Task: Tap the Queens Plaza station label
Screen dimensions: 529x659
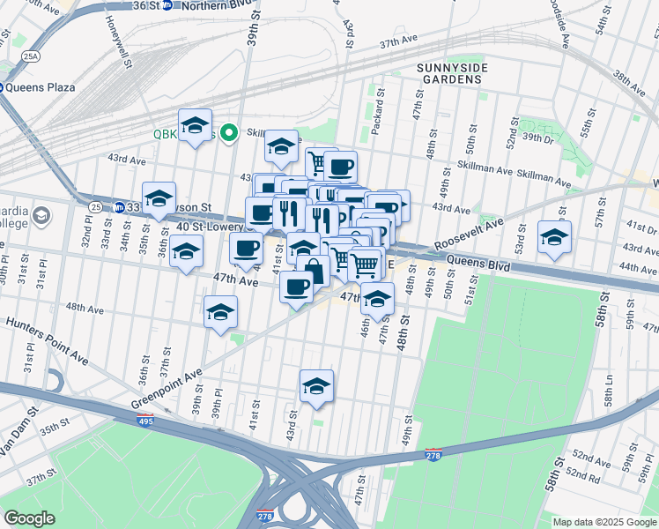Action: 41,87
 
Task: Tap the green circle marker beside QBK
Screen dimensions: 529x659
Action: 230,134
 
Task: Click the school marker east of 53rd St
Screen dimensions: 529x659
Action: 554,237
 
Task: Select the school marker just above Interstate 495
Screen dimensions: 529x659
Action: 316,385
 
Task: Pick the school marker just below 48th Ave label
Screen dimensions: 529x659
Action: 220,312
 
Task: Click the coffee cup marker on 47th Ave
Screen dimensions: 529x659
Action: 296,287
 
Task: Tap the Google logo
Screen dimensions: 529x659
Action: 29,518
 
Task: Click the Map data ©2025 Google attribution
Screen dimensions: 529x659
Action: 603,522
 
